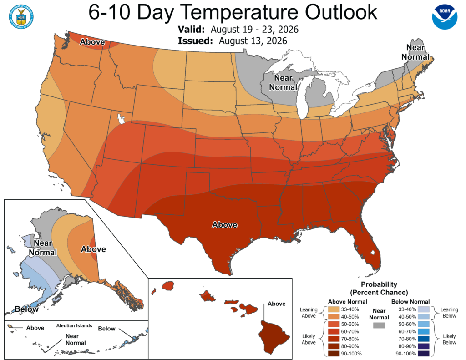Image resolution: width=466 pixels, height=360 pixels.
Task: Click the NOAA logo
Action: [445, 17]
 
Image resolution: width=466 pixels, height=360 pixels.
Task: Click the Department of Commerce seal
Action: [21, 17]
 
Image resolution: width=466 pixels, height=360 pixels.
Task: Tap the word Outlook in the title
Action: [341, 12]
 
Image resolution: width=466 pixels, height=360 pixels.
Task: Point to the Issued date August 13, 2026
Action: [253, 41]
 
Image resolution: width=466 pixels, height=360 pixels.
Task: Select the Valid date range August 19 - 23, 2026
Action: [254, 30]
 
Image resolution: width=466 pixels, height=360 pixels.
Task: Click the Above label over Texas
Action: [225, 225]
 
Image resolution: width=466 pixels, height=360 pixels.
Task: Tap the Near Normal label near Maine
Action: [415, 52]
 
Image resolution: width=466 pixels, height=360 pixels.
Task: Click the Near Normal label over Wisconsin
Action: [283, 82]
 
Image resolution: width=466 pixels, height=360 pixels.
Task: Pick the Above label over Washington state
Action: [92, 42]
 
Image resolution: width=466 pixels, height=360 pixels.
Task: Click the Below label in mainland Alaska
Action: [26, 309]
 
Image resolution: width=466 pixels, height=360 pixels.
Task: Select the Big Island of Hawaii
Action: [274, 337]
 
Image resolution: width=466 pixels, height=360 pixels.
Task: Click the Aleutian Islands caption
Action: [74, 325]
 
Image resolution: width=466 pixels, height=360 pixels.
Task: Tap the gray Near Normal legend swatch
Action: [379, 325]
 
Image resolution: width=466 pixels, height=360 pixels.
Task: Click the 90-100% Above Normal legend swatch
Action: [334, 354]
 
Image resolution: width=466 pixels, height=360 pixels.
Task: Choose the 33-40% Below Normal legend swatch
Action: [424, 309]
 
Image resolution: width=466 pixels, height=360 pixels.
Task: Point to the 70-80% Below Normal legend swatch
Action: [424, 339]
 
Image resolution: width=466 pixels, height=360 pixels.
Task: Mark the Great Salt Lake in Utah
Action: [121, 119]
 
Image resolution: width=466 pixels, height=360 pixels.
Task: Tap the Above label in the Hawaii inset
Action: [276, 304]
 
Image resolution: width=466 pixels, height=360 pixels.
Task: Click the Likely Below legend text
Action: [449, 339]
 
